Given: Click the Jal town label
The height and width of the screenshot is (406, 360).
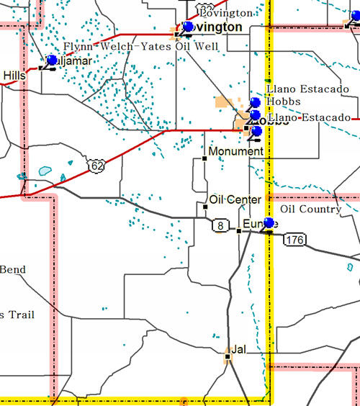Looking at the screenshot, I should click(238, 348).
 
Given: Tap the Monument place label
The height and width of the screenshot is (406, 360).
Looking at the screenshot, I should click(235, 152).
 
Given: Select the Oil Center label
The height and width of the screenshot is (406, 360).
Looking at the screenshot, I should click(235, 199).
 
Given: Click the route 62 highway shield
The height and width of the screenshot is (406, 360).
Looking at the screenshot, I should click(96, 166).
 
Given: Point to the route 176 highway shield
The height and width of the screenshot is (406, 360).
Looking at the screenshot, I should click(293, 239).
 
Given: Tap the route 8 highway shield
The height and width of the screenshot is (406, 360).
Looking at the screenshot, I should click(220, 226).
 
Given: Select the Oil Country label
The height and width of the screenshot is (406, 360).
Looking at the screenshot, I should click(310, 209).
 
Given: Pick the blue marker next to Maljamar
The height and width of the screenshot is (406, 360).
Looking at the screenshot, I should click(51, 60).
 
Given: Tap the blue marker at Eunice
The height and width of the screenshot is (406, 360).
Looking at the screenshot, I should click(269, 223).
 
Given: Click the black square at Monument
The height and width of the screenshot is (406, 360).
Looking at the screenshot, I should click(204, 158).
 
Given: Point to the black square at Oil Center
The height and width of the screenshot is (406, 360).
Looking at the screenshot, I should click(205, 207).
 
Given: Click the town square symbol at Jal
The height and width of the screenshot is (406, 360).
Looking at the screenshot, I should click(228, 355).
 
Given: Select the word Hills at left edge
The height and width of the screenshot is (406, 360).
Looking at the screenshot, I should click(14, 75).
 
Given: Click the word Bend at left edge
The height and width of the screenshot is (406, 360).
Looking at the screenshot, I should click(13, 270).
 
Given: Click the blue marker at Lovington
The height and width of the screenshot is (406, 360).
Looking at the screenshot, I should click(188, 27).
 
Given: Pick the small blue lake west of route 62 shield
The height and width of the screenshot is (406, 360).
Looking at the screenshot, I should click(45, 171).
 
